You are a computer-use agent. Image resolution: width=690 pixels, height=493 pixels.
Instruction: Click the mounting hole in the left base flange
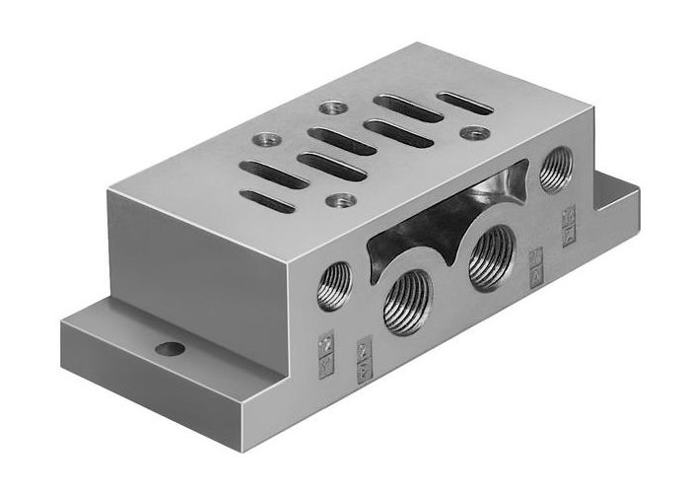pos(170,348)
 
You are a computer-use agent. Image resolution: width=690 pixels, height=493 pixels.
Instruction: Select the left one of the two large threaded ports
pos(407,301)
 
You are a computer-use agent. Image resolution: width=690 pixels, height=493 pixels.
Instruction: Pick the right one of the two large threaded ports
pos(490,257)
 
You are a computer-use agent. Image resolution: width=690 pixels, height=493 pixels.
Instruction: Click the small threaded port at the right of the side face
pos(554,169)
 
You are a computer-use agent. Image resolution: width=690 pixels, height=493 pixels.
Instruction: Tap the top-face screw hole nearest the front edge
pos(343,200)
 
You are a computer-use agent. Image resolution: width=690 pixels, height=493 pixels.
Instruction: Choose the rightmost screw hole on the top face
pos(474,132)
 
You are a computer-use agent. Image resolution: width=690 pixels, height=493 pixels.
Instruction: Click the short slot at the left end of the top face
pos(270,201)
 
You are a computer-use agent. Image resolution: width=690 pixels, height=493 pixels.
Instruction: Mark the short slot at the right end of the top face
pos(464,103)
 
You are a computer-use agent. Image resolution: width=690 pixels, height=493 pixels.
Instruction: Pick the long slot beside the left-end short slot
pos(274,175)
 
